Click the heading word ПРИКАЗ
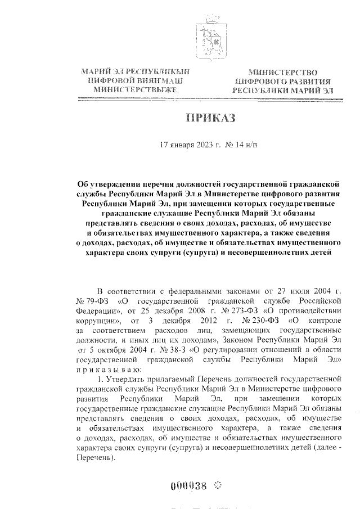[209, 118]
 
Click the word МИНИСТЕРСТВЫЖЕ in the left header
[135, 89]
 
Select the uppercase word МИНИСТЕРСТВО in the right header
[282, 73]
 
